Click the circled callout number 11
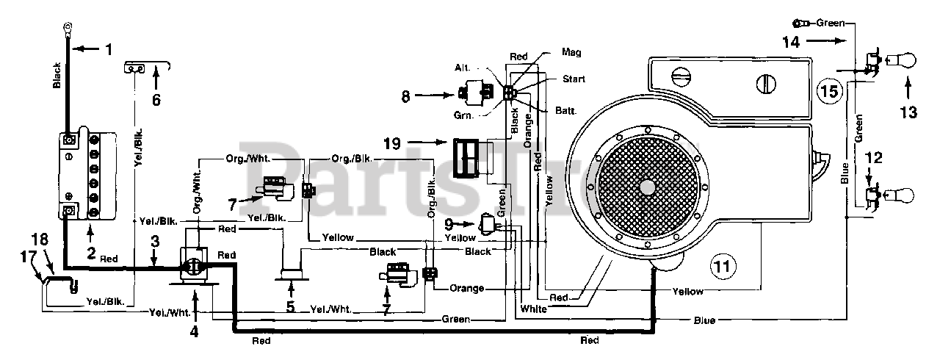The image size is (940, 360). click(722, 266)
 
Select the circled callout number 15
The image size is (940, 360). click(829, 91)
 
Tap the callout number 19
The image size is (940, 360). click(392, 143)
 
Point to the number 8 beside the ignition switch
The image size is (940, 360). click(405, 96)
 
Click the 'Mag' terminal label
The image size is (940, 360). click(571, 52)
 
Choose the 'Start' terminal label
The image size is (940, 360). click(574, 79)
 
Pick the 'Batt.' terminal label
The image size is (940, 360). click(565, 110)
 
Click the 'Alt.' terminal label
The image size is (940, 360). click(463, 68)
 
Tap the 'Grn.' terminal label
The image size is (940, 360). click(463, 115)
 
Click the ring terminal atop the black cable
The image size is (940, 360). click(67, 29)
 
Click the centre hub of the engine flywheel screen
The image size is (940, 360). click(648, 187)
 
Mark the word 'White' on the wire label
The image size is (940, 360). click(533, 309)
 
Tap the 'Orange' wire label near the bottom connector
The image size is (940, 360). click(466, 288)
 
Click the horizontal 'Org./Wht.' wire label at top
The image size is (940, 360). click(248, 159)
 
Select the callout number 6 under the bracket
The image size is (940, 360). click(156, 100)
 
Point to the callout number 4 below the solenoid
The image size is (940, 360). click(193, 332)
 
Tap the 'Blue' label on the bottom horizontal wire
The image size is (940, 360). click(704, 320)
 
